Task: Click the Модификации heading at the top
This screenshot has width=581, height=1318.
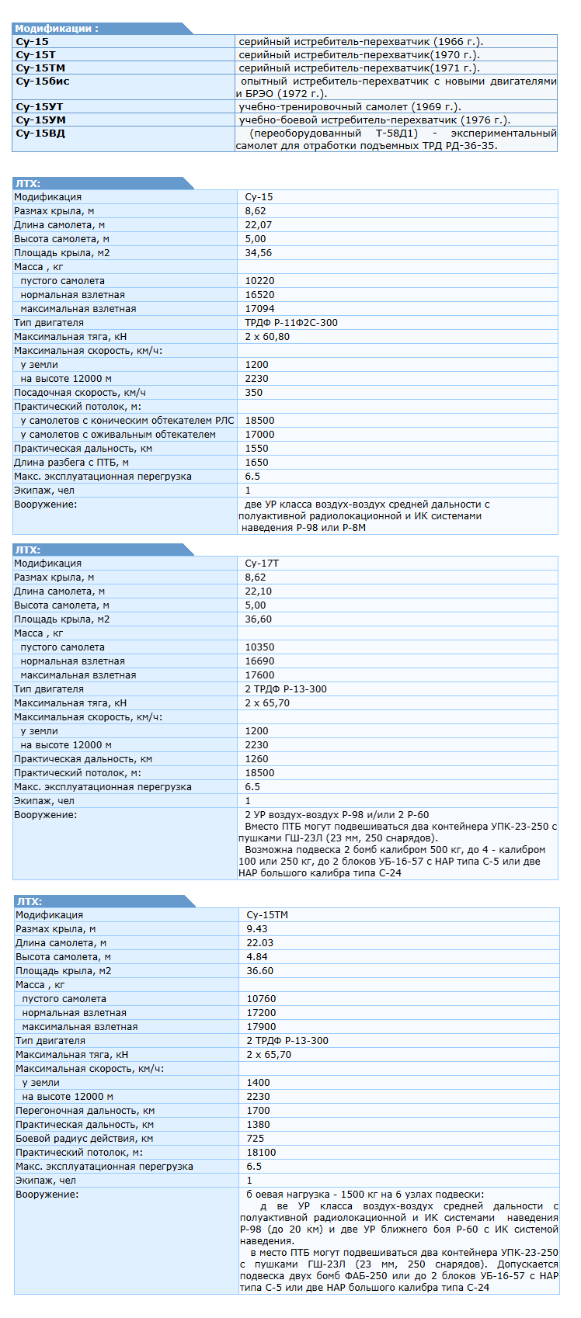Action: click(57, 29)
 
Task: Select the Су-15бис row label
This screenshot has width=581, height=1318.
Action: click(43, 82)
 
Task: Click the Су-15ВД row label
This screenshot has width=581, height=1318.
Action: click(40, 134)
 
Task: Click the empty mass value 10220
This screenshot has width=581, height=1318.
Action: click(259, 281)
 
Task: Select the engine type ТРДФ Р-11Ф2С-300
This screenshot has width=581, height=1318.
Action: click(291, 323)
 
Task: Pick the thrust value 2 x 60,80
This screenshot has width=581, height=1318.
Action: click(267, 337)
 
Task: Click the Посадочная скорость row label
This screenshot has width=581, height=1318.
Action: click(80, 393)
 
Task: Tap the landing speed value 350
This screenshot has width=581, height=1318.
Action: click(254, 393)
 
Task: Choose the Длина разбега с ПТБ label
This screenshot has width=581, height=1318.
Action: click(71, 463)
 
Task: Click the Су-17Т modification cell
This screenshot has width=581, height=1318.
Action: click(262, 564)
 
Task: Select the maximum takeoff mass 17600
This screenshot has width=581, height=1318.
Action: click(259, 675)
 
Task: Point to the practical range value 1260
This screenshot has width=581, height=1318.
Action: click(257, 759)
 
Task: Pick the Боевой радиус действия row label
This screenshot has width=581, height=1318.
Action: click(85, 1139)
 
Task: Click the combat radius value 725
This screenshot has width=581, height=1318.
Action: click(256, 1139)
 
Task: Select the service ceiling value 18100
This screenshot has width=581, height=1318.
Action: click(261, 1153)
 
